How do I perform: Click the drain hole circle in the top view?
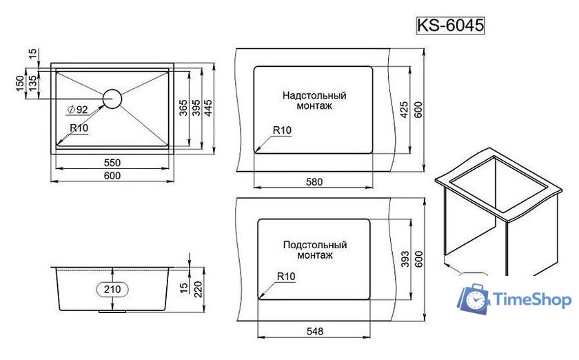112,99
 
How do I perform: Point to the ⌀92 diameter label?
77,110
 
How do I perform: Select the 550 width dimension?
112,163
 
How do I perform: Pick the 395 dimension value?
195,108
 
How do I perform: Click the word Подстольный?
314,245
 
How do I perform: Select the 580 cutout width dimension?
314,182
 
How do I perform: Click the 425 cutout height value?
405,109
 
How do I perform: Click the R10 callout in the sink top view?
79,128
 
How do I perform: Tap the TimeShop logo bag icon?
474,299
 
